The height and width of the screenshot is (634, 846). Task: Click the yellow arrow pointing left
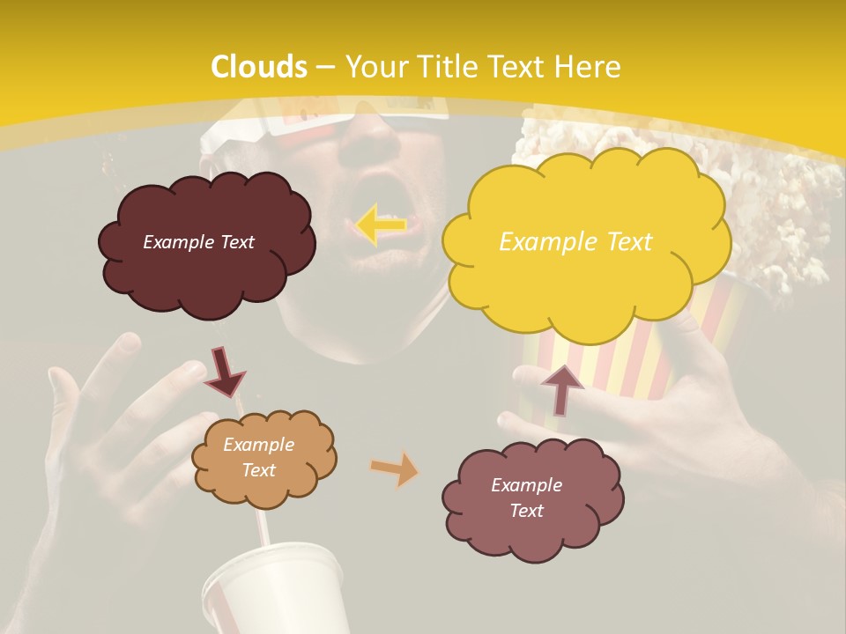click(x=381, y=225)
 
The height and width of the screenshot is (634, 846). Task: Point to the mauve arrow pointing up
click(x=561, y=388)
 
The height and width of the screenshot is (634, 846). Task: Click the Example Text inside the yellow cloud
click(x=575, y=242)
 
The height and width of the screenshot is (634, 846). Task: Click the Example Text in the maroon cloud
click(x=198, y=242)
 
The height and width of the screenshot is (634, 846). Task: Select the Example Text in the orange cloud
click(x=258, y=458)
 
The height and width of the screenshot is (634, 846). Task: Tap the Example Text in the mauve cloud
click(x=526, y=498)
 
